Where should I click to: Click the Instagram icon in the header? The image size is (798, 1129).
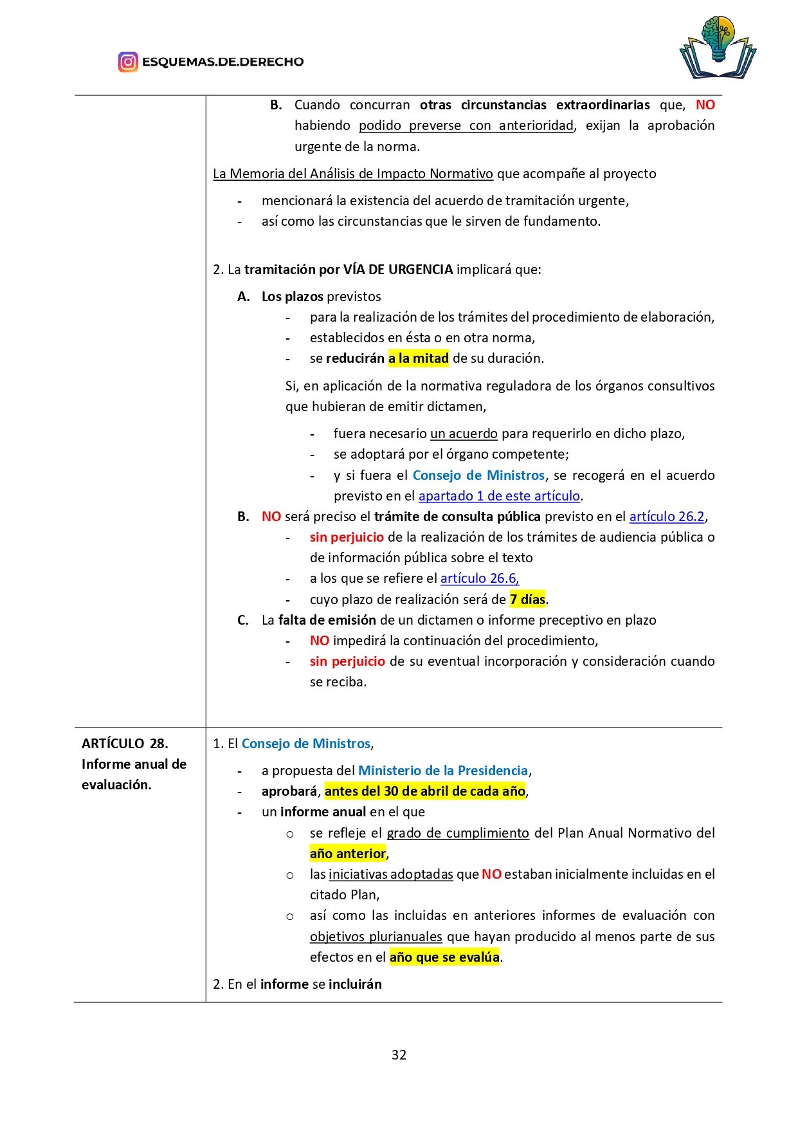click(128, 62)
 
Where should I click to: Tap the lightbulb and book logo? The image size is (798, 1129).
click(718, 49)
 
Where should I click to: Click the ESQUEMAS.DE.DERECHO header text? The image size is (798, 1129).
click(222, 62)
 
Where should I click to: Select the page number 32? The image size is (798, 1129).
click(399, 1054)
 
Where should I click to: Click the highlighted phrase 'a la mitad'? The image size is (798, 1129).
click(418, 358)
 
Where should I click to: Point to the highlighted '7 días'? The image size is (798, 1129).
click(527, 600)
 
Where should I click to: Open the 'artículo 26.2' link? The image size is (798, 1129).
click(667, 517)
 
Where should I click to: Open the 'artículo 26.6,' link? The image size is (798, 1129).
click(480, 578)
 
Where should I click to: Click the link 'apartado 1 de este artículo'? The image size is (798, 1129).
click(499, 496)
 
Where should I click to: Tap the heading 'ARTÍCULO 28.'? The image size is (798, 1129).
click(125, 744)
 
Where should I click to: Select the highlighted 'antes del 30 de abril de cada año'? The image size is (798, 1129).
click(425, 791)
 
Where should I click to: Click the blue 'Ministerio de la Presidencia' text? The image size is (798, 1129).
click(443, 771)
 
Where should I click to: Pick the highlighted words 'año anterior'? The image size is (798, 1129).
click(348, 854)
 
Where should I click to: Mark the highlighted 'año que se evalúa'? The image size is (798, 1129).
click(444, 957)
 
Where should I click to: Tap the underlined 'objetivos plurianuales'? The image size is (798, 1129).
click(376, 937)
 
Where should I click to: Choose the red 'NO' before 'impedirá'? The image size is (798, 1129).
click(320, 641)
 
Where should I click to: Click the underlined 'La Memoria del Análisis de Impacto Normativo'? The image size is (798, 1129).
click(353, 174)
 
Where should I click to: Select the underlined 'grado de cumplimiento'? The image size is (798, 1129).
click(458, 833)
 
